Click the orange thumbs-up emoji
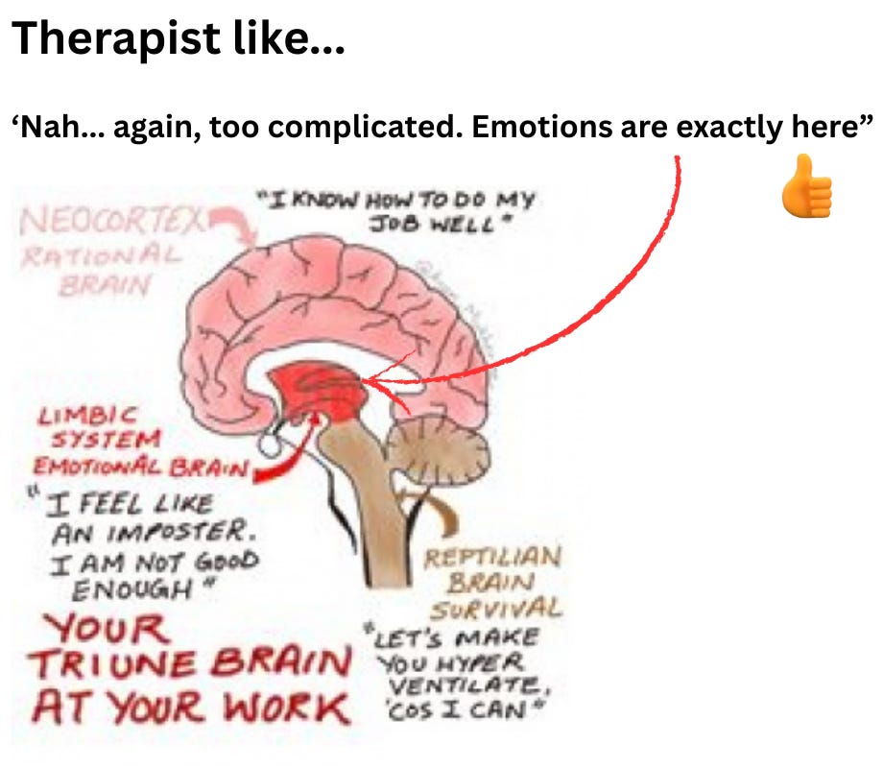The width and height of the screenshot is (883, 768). coord(806,187)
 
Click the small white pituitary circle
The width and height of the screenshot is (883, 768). coord(272,444)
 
